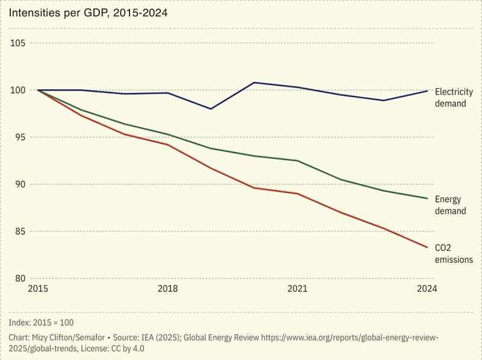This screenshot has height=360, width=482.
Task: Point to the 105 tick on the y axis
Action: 17,43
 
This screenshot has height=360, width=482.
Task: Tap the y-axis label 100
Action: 17,90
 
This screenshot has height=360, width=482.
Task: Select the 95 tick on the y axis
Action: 18,137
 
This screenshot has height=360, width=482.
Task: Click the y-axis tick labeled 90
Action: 18,185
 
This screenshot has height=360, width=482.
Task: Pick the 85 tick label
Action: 18,232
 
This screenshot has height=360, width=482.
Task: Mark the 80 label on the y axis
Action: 18,279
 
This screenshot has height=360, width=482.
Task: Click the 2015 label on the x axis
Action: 38,289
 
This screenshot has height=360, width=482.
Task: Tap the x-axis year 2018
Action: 167,289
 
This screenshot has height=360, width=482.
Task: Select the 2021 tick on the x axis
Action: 297,289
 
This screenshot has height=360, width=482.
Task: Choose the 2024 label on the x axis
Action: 427,289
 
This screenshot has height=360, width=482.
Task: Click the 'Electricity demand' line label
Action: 454,98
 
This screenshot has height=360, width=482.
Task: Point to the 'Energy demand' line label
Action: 450,205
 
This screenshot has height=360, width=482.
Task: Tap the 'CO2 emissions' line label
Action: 453,253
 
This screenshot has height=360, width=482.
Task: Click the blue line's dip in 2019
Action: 211,109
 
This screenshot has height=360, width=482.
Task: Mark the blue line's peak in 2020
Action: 254,83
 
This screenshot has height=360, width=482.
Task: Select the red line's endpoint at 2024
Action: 427,247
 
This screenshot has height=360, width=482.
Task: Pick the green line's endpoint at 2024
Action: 427,198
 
